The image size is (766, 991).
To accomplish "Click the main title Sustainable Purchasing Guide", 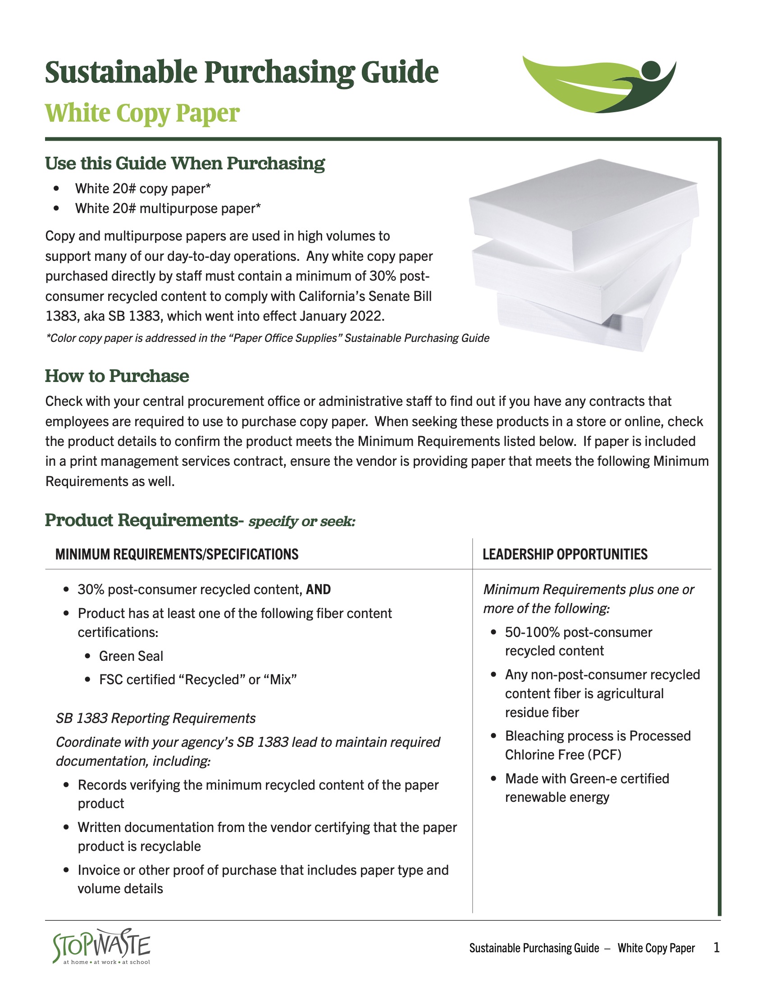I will point(242,73).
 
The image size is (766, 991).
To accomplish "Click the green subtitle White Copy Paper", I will point(142,113).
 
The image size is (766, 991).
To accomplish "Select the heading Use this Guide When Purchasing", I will point(185,164).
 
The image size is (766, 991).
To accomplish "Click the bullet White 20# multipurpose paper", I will point(168,208).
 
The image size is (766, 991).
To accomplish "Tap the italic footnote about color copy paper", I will point(267,338).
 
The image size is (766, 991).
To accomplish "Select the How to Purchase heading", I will point(117,376).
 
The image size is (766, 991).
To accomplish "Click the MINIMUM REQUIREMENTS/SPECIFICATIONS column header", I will point(177,554).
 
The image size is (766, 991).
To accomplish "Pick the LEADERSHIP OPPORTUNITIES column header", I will point(565,554).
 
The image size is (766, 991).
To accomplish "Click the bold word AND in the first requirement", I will point(318,590).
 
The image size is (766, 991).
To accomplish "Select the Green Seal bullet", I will point(131,656).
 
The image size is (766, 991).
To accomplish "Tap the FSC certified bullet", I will point(198,680).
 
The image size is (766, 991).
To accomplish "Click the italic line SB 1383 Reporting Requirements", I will point(155,718).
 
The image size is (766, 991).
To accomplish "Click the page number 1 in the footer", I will point(716,948).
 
